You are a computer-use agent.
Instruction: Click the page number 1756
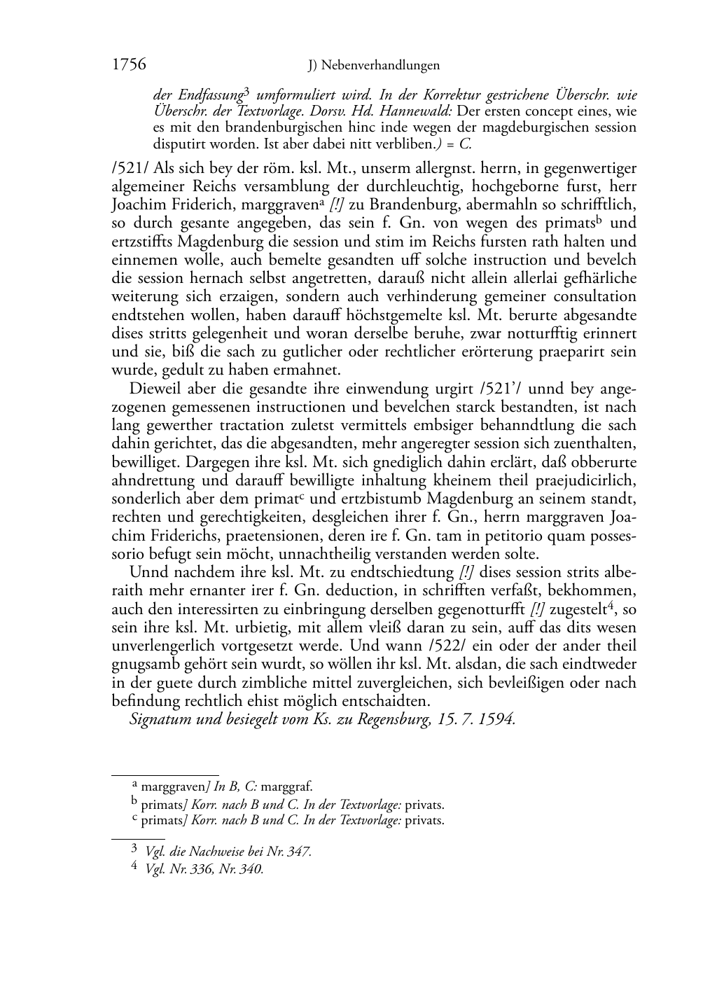click(129, 65)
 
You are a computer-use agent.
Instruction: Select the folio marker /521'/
click(495, 389)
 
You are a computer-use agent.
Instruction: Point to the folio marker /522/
click(464, 646)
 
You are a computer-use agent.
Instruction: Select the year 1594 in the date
click(496, 719)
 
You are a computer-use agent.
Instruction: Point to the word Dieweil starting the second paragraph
click(154, 389)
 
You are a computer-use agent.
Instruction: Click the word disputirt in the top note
click(176, 145)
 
